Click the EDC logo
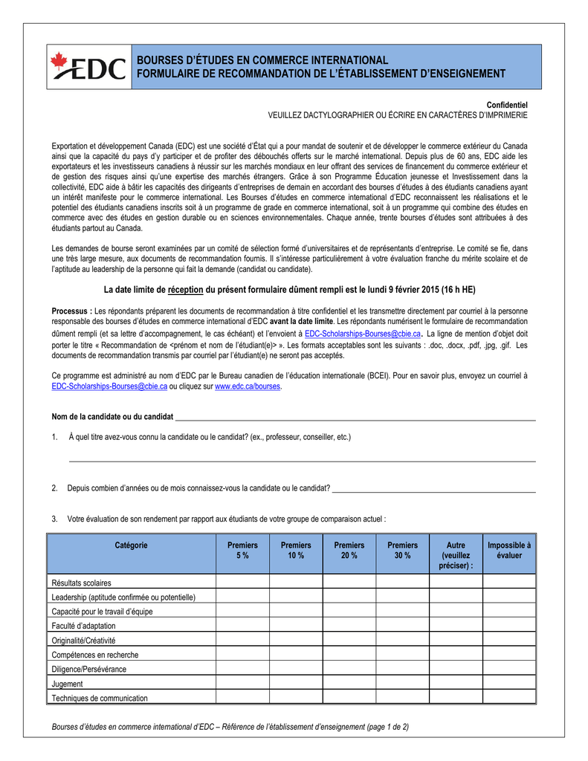tap(88, 67)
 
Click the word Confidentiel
tap(507, 106)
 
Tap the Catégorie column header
tap(132, 545)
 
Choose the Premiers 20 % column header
tap(349, 551)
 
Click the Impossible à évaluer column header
tap(509, 551)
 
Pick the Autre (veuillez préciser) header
tap(456, 555)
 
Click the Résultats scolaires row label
tap(81, 583)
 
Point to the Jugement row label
tap(67, 684)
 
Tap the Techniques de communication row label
tap(100, 698)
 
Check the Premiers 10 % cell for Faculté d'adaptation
tap(296, 626)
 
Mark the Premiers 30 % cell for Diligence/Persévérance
tap(403, 669)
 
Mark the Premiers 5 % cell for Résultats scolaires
tap(242, 583)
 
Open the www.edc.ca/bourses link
tap(248, 387)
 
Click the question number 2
tap(55, 488)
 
